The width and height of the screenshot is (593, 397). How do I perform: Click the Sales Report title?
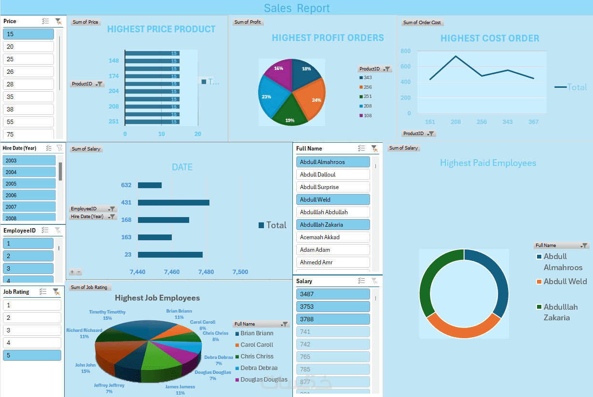(x=297, y=8)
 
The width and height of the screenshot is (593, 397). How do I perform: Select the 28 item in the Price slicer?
(x=28, y=84)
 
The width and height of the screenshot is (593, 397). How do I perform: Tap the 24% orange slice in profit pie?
(x=311, y=99)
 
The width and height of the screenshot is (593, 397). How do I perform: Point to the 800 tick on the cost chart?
(x=405, y=51)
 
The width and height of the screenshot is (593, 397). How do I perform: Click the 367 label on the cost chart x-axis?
(x=533, y=122)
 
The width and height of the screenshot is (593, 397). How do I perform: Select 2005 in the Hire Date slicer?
(x=29, y=184)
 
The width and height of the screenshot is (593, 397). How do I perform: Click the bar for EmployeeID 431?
(x=173, y=203)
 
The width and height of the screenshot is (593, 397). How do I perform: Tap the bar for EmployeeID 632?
(x=150, y=185)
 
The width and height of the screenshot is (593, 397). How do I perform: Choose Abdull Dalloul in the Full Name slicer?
(x=332, y=175)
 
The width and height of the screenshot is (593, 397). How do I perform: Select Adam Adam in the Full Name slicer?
(x=332, y=250)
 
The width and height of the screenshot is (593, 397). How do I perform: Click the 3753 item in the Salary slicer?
(x=332, y=307)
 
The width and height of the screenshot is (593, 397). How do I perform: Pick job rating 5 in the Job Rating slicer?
(x=32, y=356)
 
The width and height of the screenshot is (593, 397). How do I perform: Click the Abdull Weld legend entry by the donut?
(x=565, y=282)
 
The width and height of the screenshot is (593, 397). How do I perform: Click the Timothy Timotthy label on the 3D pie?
(x=107, y=312)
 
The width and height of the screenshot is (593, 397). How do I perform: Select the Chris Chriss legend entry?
(x=257, y=356)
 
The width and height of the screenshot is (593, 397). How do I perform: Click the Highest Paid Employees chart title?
(x=488, y=163)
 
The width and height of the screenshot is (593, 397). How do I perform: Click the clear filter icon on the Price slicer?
(x=58, y=21)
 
